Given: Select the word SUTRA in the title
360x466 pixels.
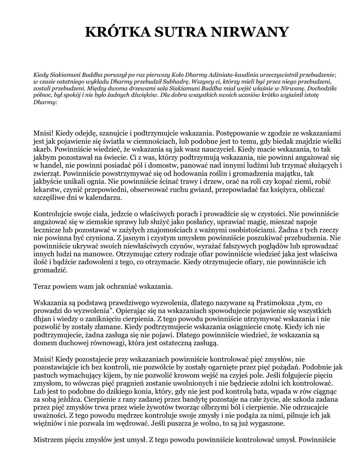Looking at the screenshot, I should tap(180, 32).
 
